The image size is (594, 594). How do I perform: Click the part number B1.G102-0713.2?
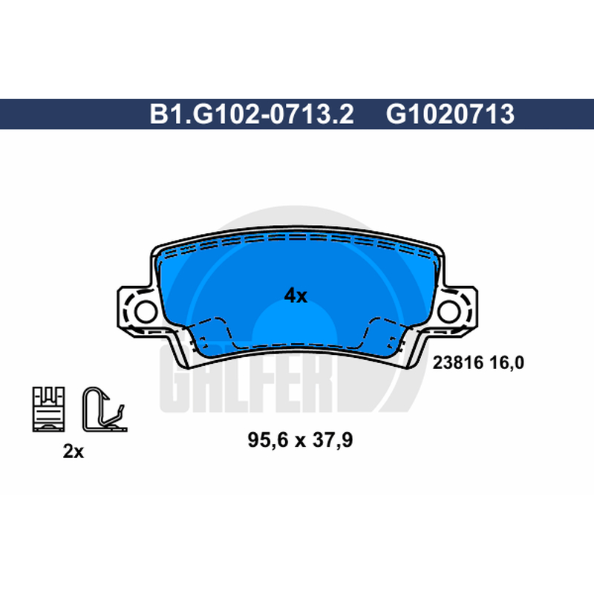coord(252,114)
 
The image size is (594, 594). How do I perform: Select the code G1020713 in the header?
coord(450,114)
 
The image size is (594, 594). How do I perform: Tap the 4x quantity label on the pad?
coord(296,295)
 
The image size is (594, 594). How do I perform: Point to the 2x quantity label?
coord(73,451)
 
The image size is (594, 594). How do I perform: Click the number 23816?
coord(458,363)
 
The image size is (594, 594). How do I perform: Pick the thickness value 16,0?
coord(507,363)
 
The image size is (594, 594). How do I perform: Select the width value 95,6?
coord(268,440)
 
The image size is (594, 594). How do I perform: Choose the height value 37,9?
coord(332,440)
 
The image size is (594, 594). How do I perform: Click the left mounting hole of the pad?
coord(146,311)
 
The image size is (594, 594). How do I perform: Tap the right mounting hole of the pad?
coord(449,311)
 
